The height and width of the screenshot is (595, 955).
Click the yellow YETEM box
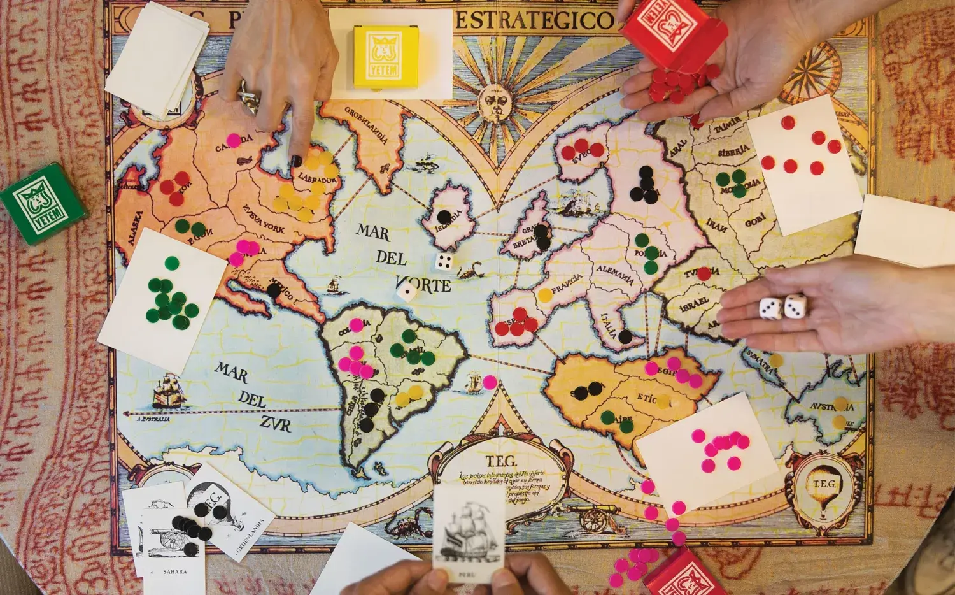pyautogui.click(x=385, y=56)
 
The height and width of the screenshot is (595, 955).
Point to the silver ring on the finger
pyautogui.click(x=249, y=96)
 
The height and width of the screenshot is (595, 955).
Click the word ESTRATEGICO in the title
pyautogui.click(x=534, y=20)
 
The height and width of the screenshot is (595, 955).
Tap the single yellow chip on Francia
pyautogui.click(x=544, y=296)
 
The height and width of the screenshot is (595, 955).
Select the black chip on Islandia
pyautogui.click(x=444, y=217)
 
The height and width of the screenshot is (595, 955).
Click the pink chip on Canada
pyautogui.click(x=234, y=140)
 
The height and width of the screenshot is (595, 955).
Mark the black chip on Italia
pyautogui.click(x=625, y=336)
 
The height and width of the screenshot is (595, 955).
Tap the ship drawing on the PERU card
pyautogui.click(x=469, y=532)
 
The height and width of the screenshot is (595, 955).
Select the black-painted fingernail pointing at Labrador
pyautogui.click(x=296, y=161)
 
